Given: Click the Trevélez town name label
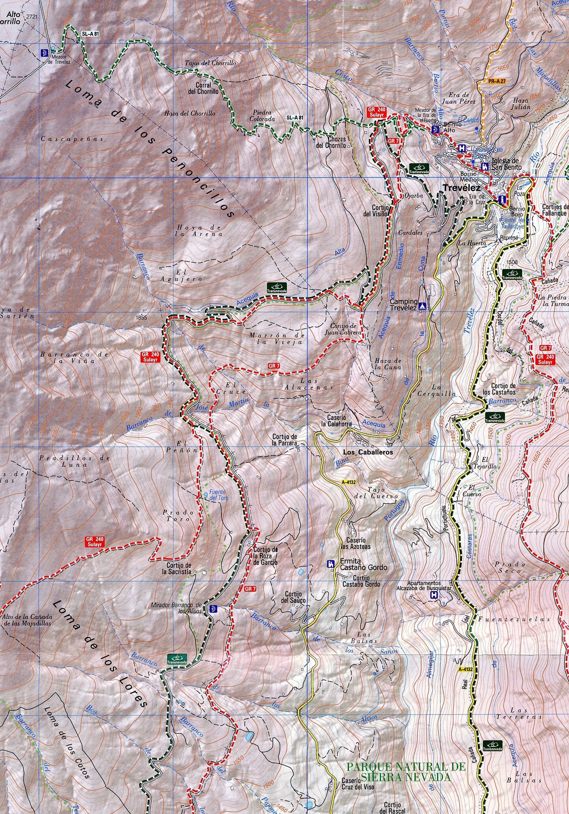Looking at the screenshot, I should tap(462, 188).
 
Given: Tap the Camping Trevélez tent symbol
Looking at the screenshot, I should tap(423, 305).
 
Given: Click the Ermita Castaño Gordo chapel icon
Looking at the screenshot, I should tap(331, 564).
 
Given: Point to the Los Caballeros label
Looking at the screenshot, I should tap(368, 452).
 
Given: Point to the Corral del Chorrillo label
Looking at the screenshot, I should tap(203, 88).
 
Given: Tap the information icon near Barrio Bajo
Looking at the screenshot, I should tap(503, 199).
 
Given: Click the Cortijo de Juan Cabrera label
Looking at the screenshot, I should tap(343, 329).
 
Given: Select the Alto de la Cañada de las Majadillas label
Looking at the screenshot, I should tap(27, 620).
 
